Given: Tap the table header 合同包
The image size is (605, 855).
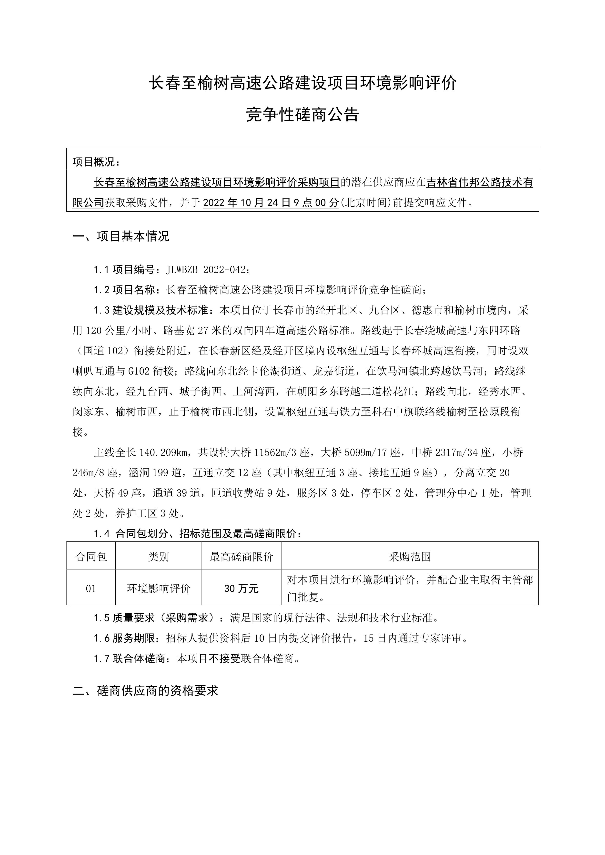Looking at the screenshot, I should [91, 557].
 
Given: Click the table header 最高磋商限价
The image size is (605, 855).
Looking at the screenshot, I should [242, 557].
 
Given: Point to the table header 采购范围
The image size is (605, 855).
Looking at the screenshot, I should [410, 557].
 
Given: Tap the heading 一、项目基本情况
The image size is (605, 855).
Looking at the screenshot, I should [121, 236].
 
